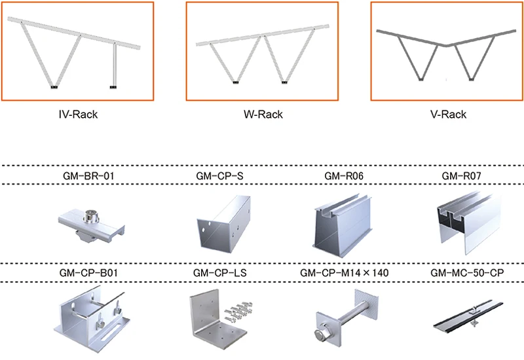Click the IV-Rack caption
pos(78,115)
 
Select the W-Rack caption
pos(263,115)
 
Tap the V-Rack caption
pos(448,115)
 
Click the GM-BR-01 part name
pos(88,175)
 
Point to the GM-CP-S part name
pos(219,175)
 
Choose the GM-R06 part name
pos(344,175)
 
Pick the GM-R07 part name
pos(461,175)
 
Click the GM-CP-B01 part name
pos(88,273)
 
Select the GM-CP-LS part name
pos(220,273)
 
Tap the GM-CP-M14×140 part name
pos(345,273)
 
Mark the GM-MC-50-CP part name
pos(467,273)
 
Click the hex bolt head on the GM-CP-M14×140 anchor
pos(320,334)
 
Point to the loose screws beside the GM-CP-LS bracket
pos(238,312)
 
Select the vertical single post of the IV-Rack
pos(114,65)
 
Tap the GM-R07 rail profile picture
pos(469,223)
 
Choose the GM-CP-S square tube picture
pos(223,224)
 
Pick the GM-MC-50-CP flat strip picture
pos(468,315)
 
